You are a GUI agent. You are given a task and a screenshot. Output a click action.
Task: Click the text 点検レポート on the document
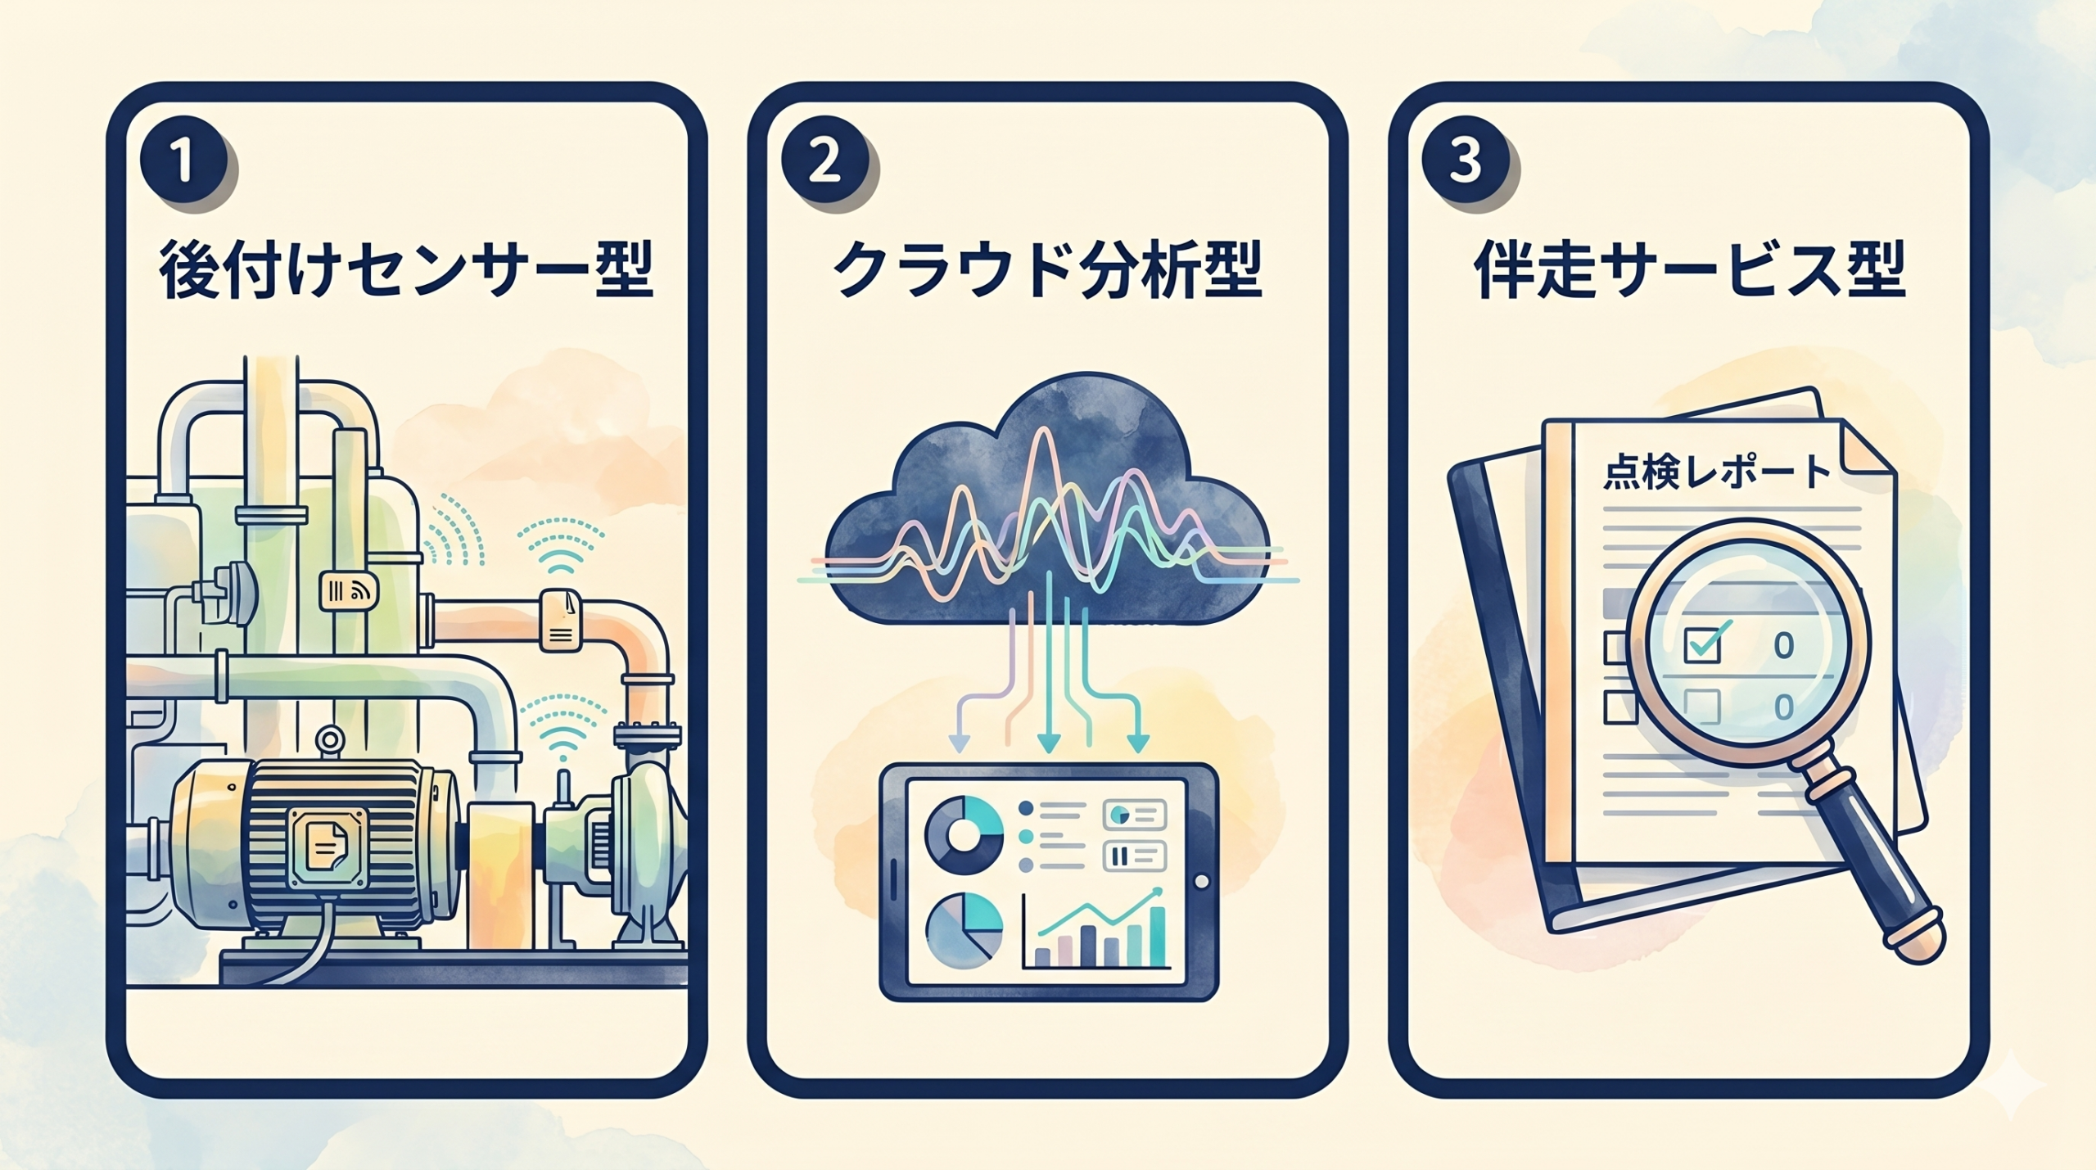[1716, 472]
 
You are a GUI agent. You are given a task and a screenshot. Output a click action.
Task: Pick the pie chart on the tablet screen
[964, 931]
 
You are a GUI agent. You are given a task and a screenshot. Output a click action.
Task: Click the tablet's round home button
[1201, 882]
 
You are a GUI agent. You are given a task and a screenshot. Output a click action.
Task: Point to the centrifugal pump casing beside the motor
[644, 843]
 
